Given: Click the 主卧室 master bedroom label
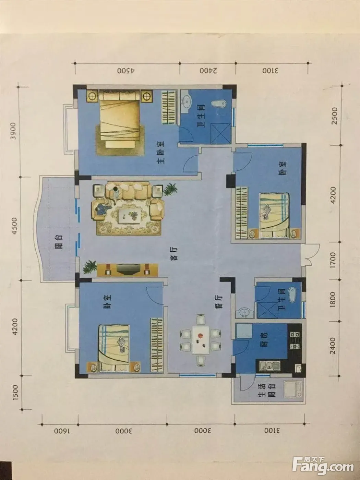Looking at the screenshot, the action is (161, 153).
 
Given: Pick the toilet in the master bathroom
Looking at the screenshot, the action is (219, 103).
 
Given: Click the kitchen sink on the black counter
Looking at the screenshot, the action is (270, 366).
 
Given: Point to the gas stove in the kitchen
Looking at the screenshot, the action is (295, 340).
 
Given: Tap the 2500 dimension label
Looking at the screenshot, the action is (335, 116).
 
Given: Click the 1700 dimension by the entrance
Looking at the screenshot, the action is (333, 260).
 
